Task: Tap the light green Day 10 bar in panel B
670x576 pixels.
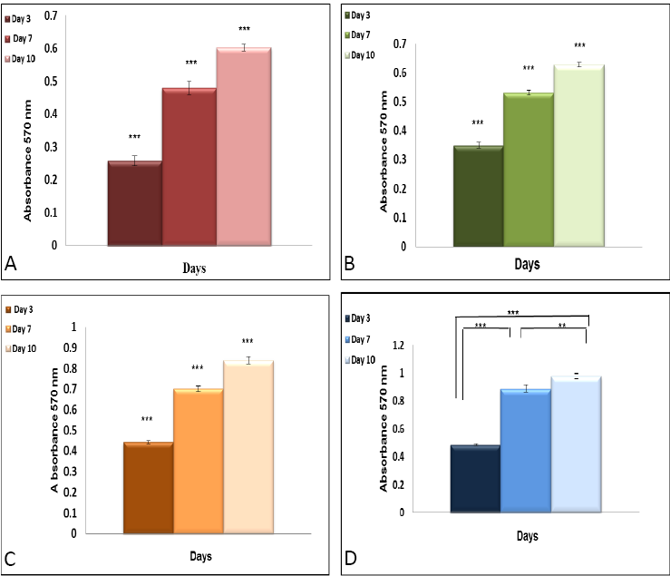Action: pyautogui.click(x=578, y=156)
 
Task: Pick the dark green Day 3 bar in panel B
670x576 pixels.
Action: pyautogui.click(x=477, y=196)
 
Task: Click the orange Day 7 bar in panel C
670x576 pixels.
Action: pyautogui.click(x=198, y=461)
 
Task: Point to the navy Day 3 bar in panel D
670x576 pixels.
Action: pyautogui.click(x=474, y=479)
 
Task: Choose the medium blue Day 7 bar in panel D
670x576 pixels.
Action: pyautogui.click(x=525, y=451)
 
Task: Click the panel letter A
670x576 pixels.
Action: pyautogui.click(x=13, y=264)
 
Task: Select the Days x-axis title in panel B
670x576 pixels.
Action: pyautogui.click(x=527, y=265)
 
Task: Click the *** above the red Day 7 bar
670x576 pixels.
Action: pyautogui.click(x=191, y=63)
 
